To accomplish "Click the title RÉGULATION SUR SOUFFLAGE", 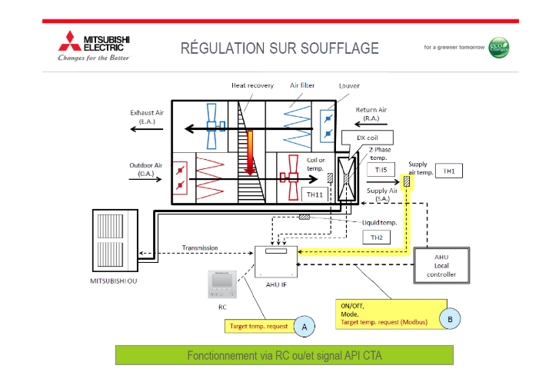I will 280,48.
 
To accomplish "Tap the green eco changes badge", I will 499,47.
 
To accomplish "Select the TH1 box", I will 449,171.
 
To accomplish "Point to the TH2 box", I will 377,237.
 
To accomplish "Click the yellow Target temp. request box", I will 259,326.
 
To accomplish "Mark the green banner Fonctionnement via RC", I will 284,355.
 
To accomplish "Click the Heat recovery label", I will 252,85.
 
